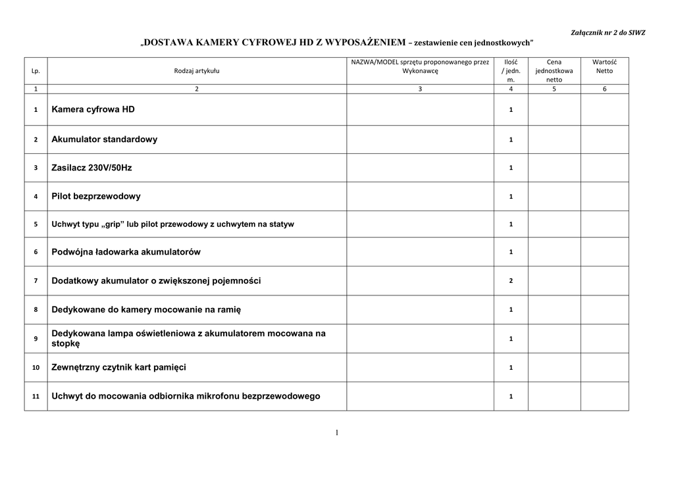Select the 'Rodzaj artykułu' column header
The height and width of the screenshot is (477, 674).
pyautogui.click(x=197, y=70)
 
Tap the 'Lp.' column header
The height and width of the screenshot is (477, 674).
pyautogui.click(x=36, y=70)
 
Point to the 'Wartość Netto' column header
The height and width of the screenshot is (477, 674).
pyautogui.click(x=604, y=66)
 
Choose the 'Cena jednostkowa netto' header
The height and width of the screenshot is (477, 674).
pyautogui.click(x=554, y=70)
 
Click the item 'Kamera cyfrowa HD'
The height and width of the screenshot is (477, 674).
pyautogui.click(x=93, y=109)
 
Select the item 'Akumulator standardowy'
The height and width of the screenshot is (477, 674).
pyautogui.click(x=104, y=139)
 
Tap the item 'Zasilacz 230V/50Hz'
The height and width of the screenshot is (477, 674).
pyautogui.click(x=91, y=168)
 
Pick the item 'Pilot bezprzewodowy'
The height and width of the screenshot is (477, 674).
pyautogui.click(x=95, y=196)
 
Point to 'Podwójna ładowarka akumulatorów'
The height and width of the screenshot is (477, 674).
pyautogui.click(x=126, y=252)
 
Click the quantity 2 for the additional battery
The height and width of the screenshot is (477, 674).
pyautogui.click(x=511, y=281)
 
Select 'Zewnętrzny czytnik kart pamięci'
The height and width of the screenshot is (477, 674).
pyautogui.click(x=118, y=367)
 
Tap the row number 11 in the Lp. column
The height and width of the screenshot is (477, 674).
pyautogui.click(x=36, y=397)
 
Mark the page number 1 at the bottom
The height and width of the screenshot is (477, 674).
pyautogui.click(x=336, y=432)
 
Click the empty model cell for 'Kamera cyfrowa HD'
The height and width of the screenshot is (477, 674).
pyautogui.click(x=420, y=109)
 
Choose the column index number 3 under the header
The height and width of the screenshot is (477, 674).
pyautogui.click(x=420, y=89)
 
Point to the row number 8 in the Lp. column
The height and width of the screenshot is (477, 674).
pyautogui.click(x=36, y=309)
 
